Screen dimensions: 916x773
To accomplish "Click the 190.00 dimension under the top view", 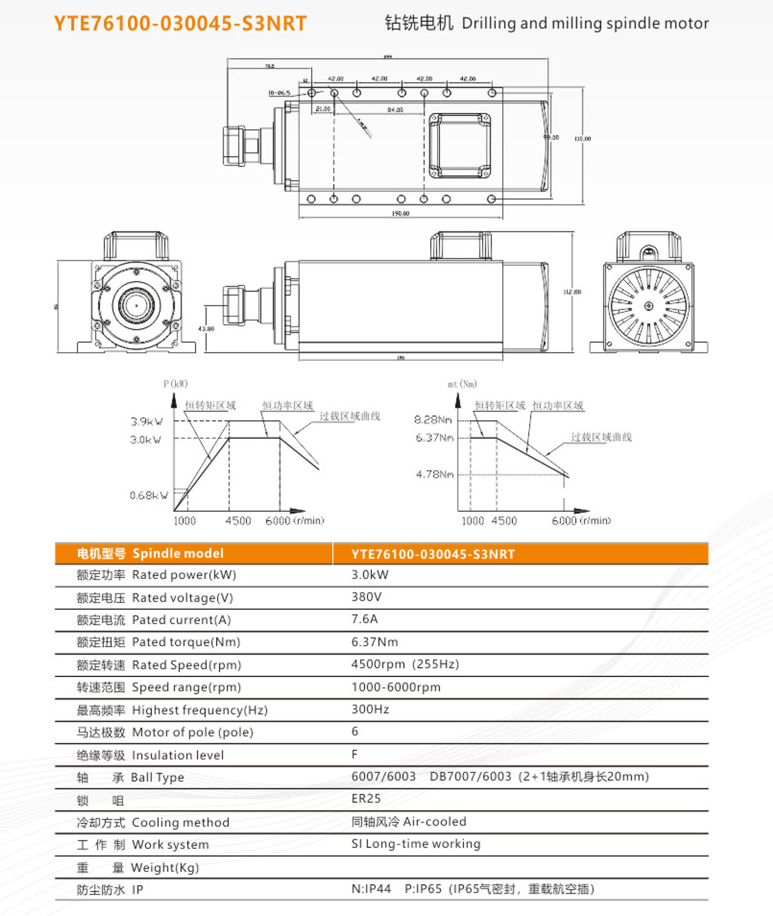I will click(401, 214).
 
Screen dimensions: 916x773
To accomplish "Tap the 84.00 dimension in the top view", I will click(395, 110).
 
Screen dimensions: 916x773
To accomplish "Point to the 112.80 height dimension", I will click(572, 292).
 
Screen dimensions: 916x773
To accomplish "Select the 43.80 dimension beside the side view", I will click(206, 329).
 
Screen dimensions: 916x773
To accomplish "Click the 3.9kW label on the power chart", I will click(147, 422).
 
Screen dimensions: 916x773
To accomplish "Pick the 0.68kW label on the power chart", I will click(149, 496).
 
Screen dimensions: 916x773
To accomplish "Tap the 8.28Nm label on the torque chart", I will click(433, 420).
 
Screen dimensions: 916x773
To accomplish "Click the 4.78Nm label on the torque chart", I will click(435, 474).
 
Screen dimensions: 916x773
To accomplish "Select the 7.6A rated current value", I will click(365, 619).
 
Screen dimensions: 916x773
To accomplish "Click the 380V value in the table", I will click(366, 596).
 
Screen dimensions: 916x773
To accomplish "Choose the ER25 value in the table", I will click(366, 798).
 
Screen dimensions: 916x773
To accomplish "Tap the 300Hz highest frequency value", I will click(370, 709).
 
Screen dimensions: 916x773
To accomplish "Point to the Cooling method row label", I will click(180, 823).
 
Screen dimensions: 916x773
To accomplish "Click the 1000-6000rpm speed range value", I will click(396, 687).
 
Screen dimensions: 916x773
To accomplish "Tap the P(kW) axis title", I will click(176, 384).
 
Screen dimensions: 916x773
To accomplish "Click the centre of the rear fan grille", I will click(649, 306).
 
